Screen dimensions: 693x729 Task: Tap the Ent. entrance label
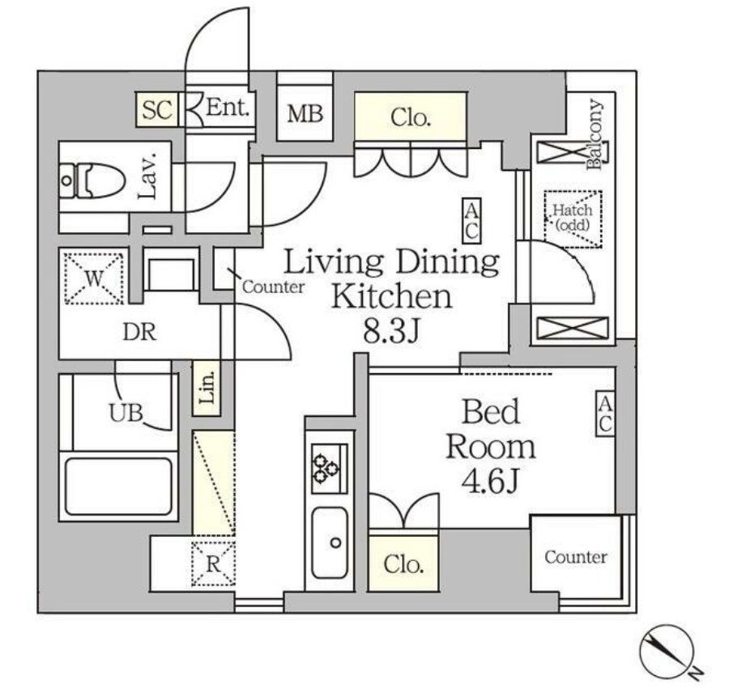[229, 108]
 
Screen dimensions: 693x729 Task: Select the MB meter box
[305, 113]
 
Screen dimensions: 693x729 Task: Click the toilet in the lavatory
[92, 180]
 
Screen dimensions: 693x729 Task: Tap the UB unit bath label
[126, 413]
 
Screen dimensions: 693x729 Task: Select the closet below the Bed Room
[404, 563]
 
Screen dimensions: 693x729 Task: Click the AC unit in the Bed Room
[604, 415]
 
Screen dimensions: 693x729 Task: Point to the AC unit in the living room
[471, 220]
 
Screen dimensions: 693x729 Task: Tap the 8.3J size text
[390, 332]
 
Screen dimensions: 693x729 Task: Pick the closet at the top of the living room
[410, 117]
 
